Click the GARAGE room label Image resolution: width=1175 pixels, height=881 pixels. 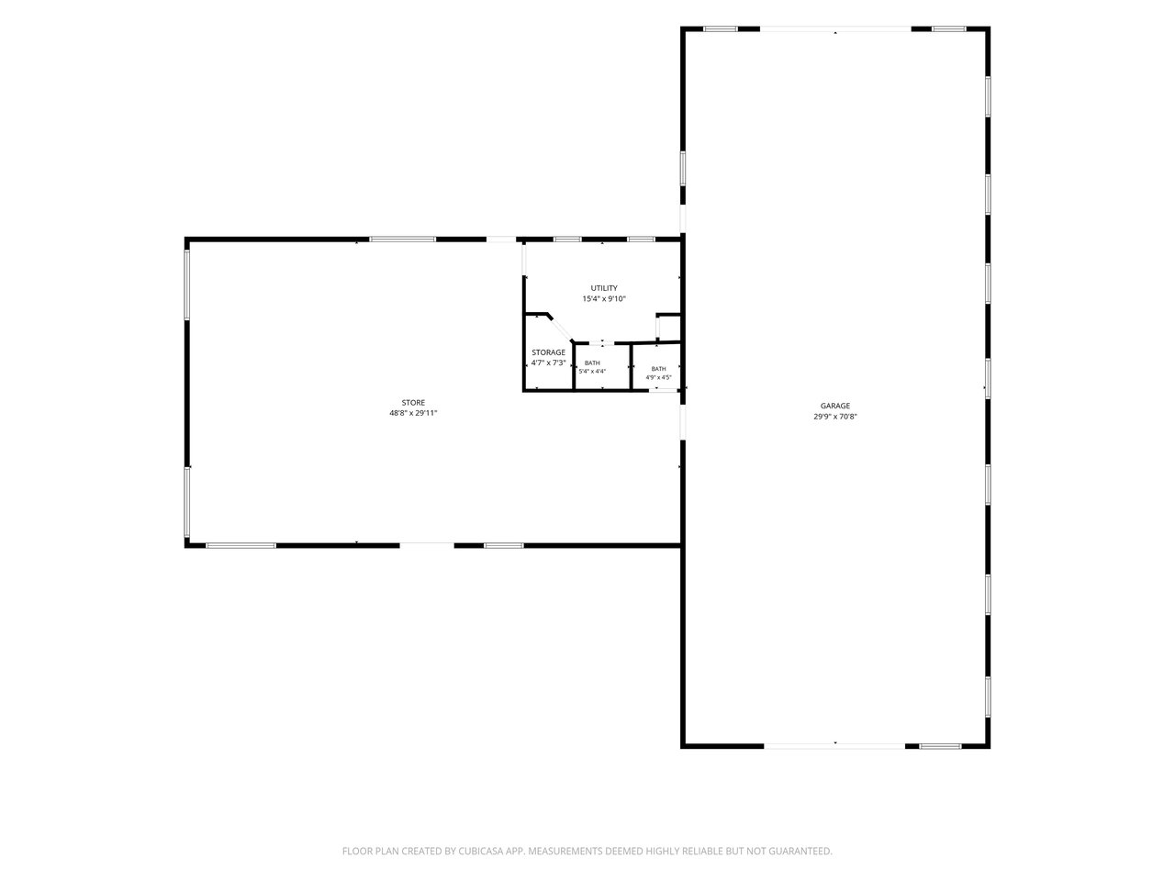(x=834, y=406)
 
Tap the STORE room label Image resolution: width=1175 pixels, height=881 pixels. (x=413, y=403)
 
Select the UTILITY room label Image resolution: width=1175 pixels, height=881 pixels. (x=604, y=288)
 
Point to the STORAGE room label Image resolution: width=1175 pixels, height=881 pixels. (x=548, y=352)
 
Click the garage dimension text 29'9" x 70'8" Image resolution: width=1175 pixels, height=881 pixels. (x=835, y=417)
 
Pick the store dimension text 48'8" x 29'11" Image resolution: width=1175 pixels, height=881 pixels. (x=413, y=414)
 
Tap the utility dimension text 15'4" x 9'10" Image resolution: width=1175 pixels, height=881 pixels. (x=604, y=299)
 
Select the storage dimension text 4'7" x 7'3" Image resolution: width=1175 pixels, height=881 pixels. (x=548, y=363)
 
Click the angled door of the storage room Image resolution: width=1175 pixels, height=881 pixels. (x=561, y=329)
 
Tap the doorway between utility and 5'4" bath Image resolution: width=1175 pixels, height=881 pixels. (x=601, y=343)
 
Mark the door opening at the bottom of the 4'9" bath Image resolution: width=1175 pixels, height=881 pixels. (x=664, y=391)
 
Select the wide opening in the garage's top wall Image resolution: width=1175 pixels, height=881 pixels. (x=835, y=29)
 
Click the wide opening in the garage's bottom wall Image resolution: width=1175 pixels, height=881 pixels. (x=834, y=746)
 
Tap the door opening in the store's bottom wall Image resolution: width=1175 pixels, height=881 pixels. (x=427, y=546)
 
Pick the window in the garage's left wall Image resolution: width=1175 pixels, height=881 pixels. (x=683, y=169)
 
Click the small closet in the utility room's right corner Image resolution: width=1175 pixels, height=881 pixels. (x=668, y=328)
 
